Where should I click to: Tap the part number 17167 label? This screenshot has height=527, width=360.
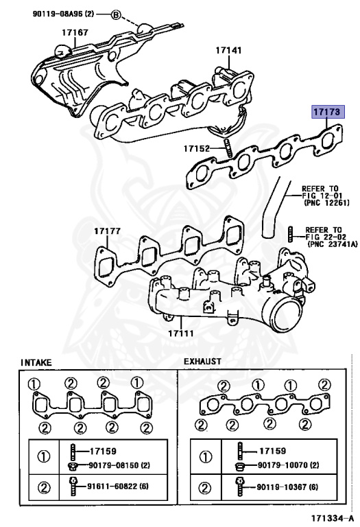pyautogui.click(x=75, y=32)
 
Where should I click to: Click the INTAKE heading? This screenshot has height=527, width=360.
pyautogui.click(x=36, y=361)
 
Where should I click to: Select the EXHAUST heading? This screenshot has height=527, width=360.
pyautogui.click(x=202, y=361)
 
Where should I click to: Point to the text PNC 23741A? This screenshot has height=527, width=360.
pyautogui.click(x=333, y=244)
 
